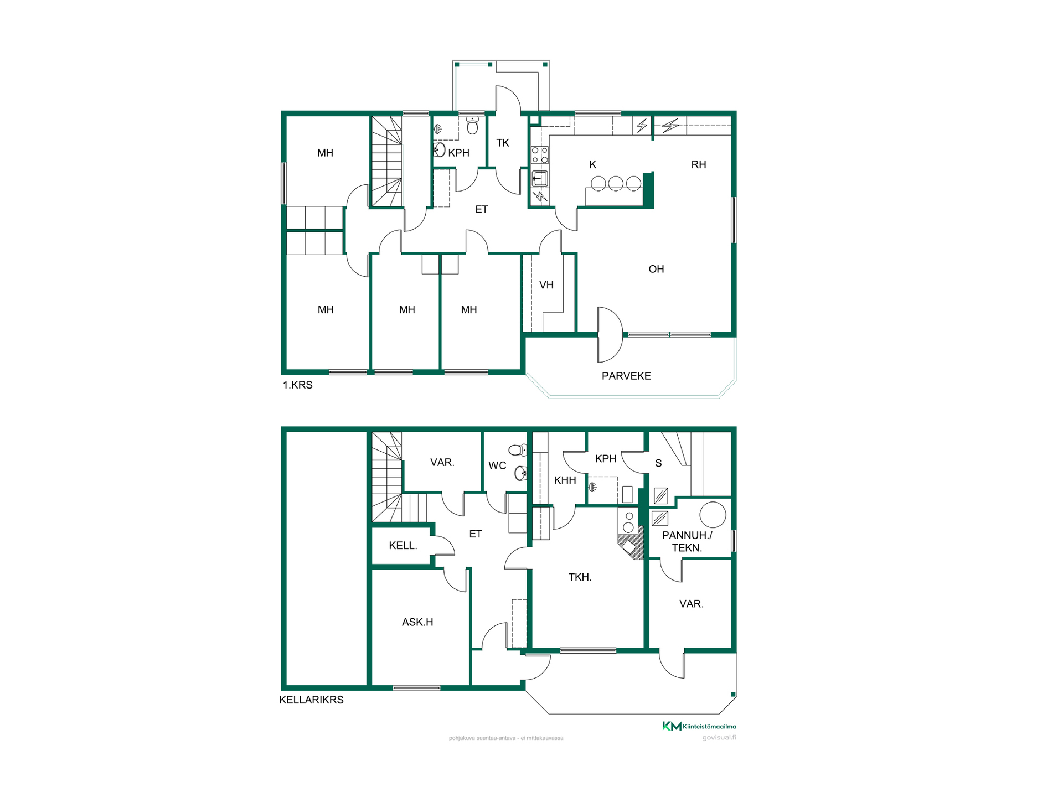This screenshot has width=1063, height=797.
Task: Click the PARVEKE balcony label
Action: click(x=626, y=376)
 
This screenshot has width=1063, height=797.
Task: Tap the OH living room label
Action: click(x=656, y=269)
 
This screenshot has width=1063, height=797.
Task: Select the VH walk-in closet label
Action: click(x=546, y=285)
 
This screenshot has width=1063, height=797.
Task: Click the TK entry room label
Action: click(x=503, y=143)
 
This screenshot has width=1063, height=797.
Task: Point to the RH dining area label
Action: click(x=699, y=164)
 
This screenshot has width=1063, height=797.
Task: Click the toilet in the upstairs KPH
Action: click(x=472, y=126)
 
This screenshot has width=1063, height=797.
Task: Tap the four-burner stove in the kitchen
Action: click(x=540, y=155)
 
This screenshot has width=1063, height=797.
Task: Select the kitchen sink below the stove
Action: click(x=540, y=178)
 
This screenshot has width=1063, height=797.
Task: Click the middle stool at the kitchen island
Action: click(x=616, y=183)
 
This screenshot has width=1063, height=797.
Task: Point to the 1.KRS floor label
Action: click(x=298, y=385)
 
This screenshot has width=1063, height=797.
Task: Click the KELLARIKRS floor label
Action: click(x=311, y=700)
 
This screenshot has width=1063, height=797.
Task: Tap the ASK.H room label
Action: click(x=417, y=622)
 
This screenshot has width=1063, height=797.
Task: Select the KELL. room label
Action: click(x=403, y=546)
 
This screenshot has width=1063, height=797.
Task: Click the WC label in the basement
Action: click(x=497, y=465)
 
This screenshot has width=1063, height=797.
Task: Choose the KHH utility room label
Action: click(x=565, y=480)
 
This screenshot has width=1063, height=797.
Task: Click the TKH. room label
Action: click(x=580, y=577)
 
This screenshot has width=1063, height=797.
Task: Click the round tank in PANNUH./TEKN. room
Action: click(x=713, y=515)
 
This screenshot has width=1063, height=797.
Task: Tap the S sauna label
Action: click(x=658, y=463)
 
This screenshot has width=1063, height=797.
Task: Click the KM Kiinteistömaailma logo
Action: click(x=699, y=726)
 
